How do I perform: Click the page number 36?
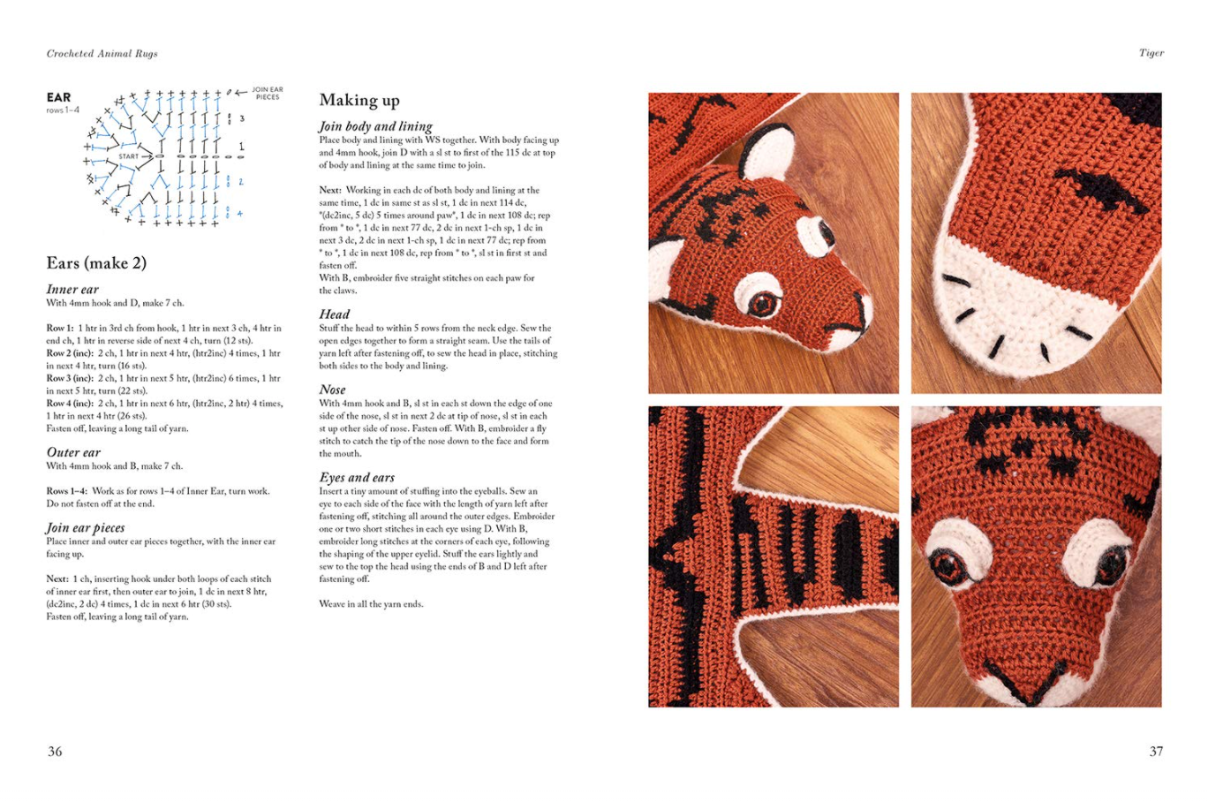55,752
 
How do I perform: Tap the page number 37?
1156,752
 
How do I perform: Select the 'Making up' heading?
359,101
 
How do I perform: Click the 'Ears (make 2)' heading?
96,263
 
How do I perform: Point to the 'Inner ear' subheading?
72,290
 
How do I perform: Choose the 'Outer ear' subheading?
73,452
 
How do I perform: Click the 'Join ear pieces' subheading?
85,528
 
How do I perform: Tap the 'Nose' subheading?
332,390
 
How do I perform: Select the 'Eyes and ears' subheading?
357,478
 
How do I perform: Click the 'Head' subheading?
335,314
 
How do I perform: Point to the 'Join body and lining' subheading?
375,126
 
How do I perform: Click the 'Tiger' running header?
1151,53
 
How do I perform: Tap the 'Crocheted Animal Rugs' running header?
102,53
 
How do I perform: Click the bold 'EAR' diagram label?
59,98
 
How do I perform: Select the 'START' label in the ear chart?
129,156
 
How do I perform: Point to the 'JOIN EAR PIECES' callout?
268,94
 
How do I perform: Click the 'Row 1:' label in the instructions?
60,328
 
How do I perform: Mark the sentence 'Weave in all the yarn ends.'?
371,604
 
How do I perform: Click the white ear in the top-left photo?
768,153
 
